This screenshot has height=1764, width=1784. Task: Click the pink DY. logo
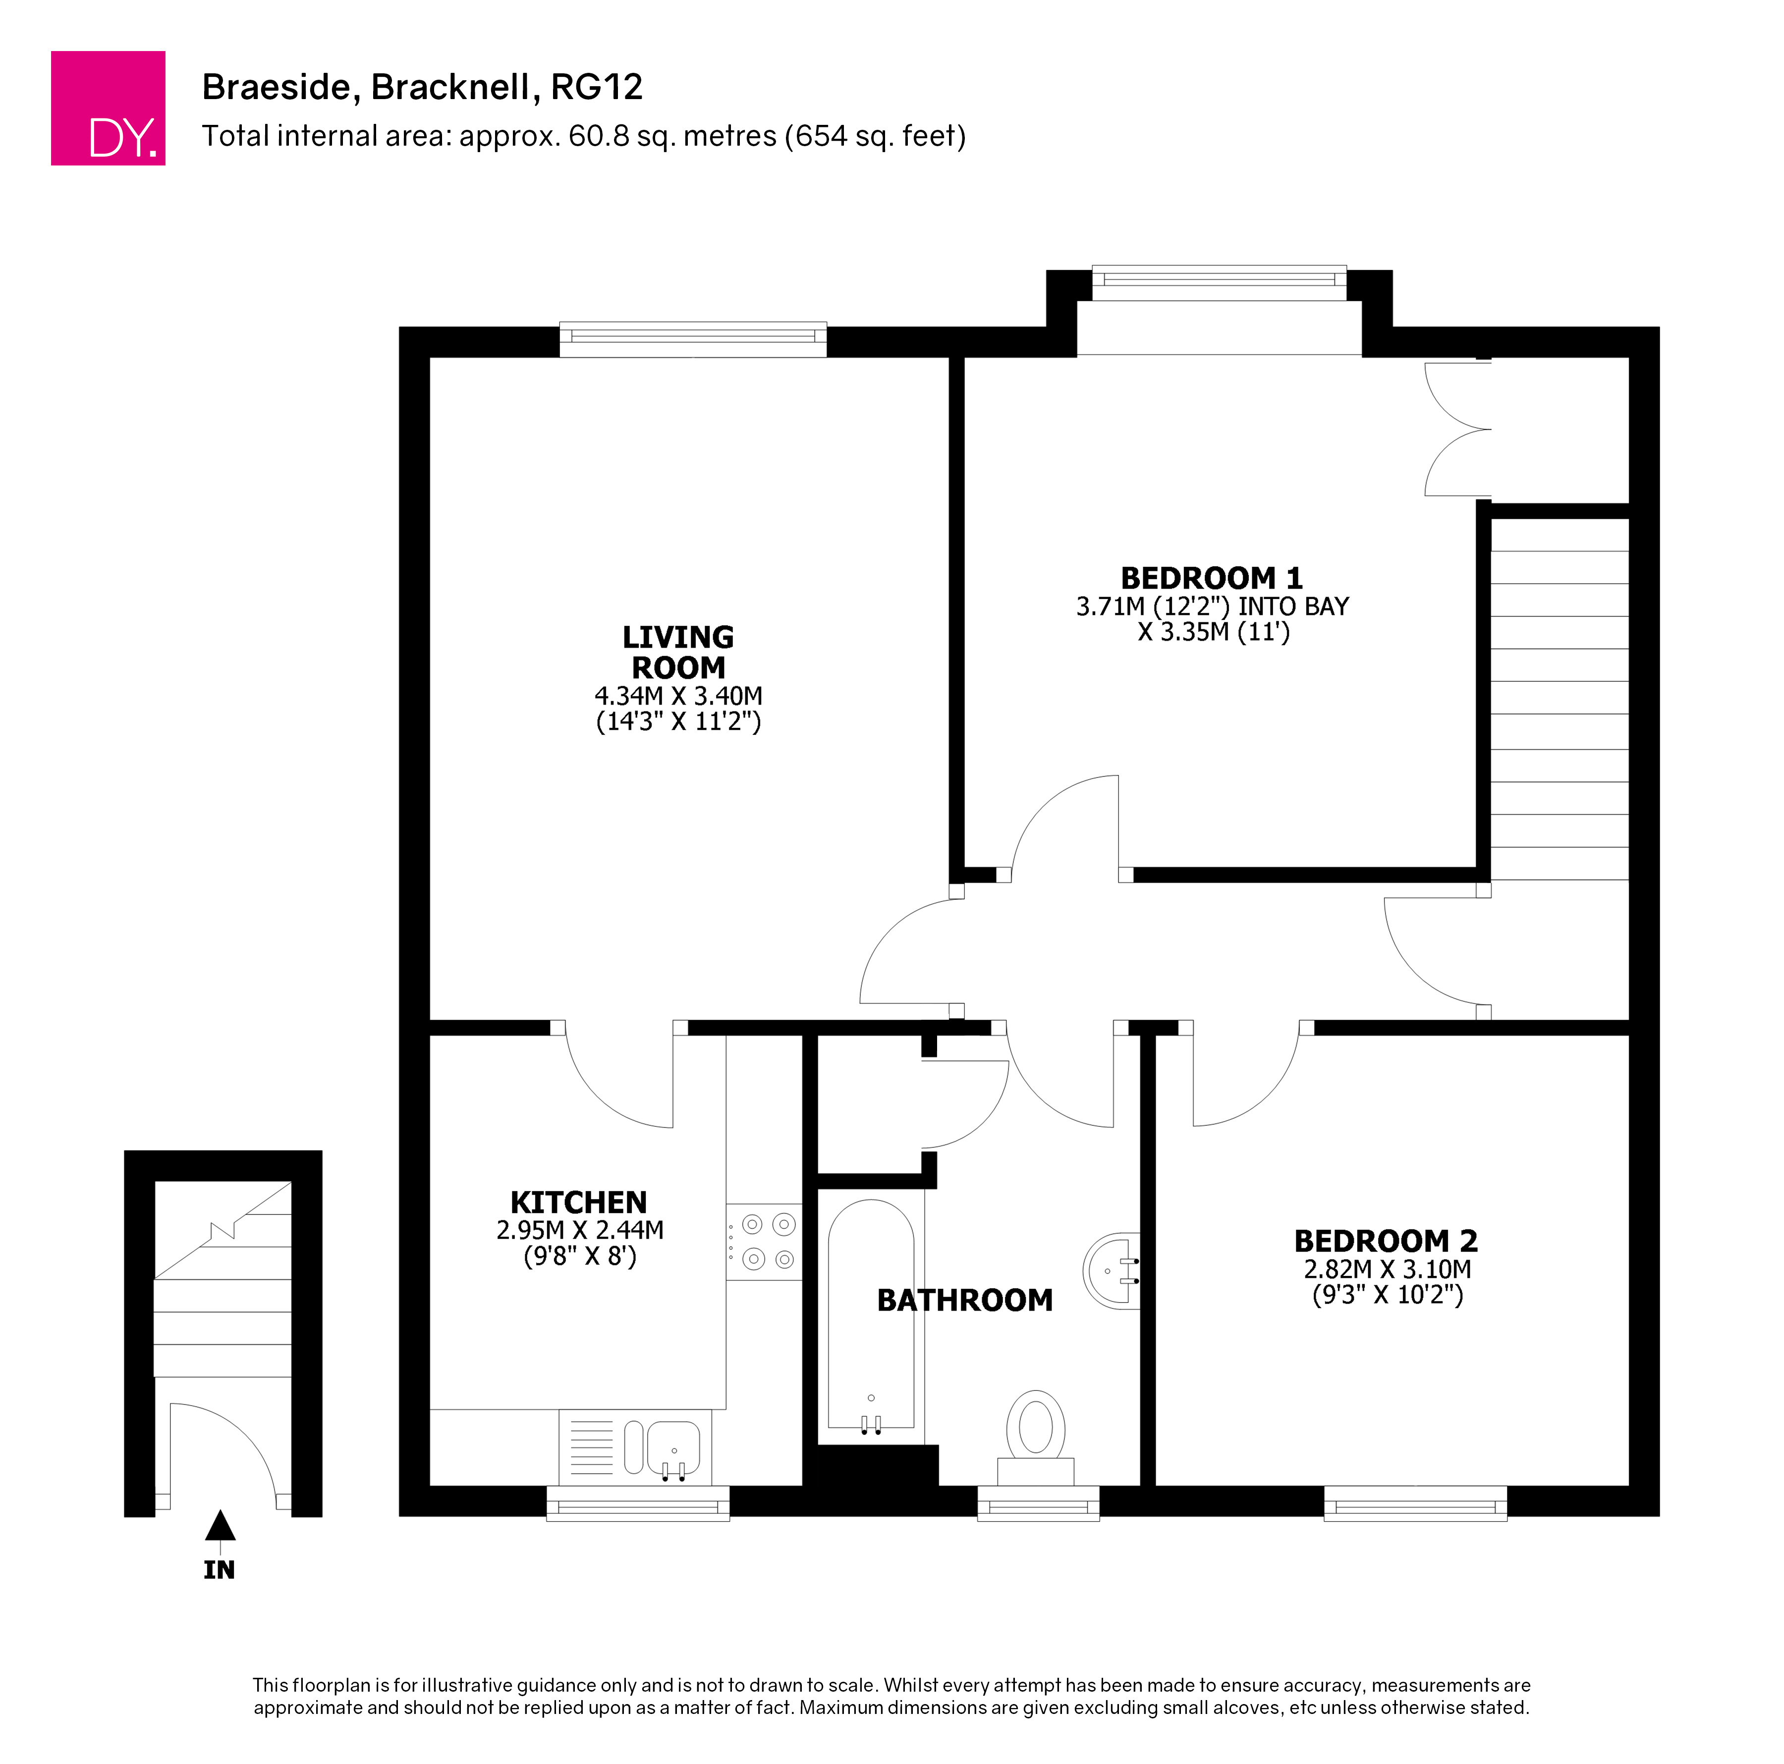(x=108, y=108)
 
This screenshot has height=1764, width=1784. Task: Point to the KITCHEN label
(x=579, y=1203)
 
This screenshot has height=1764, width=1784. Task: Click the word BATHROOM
(x=965, y=1301)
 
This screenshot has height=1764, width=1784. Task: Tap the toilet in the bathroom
(x=1036, y=1438)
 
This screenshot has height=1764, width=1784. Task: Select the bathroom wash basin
(x=1112, y=1271)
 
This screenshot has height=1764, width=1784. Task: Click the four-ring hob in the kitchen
(x=765, y=1242)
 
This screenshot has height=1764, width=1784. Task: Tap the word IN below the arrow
(x=220, y=1570)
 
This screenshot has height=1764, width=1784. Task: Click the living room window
(x=693, y=340)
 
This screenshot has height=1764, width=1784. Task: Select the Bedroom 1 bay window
(x=1220, y=283)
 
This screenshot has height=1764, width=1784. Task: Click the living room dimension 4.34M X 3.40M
(x=679, y=696)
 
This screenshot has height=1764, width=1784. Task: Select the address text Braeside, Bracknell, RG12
(x=422, y=87)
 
